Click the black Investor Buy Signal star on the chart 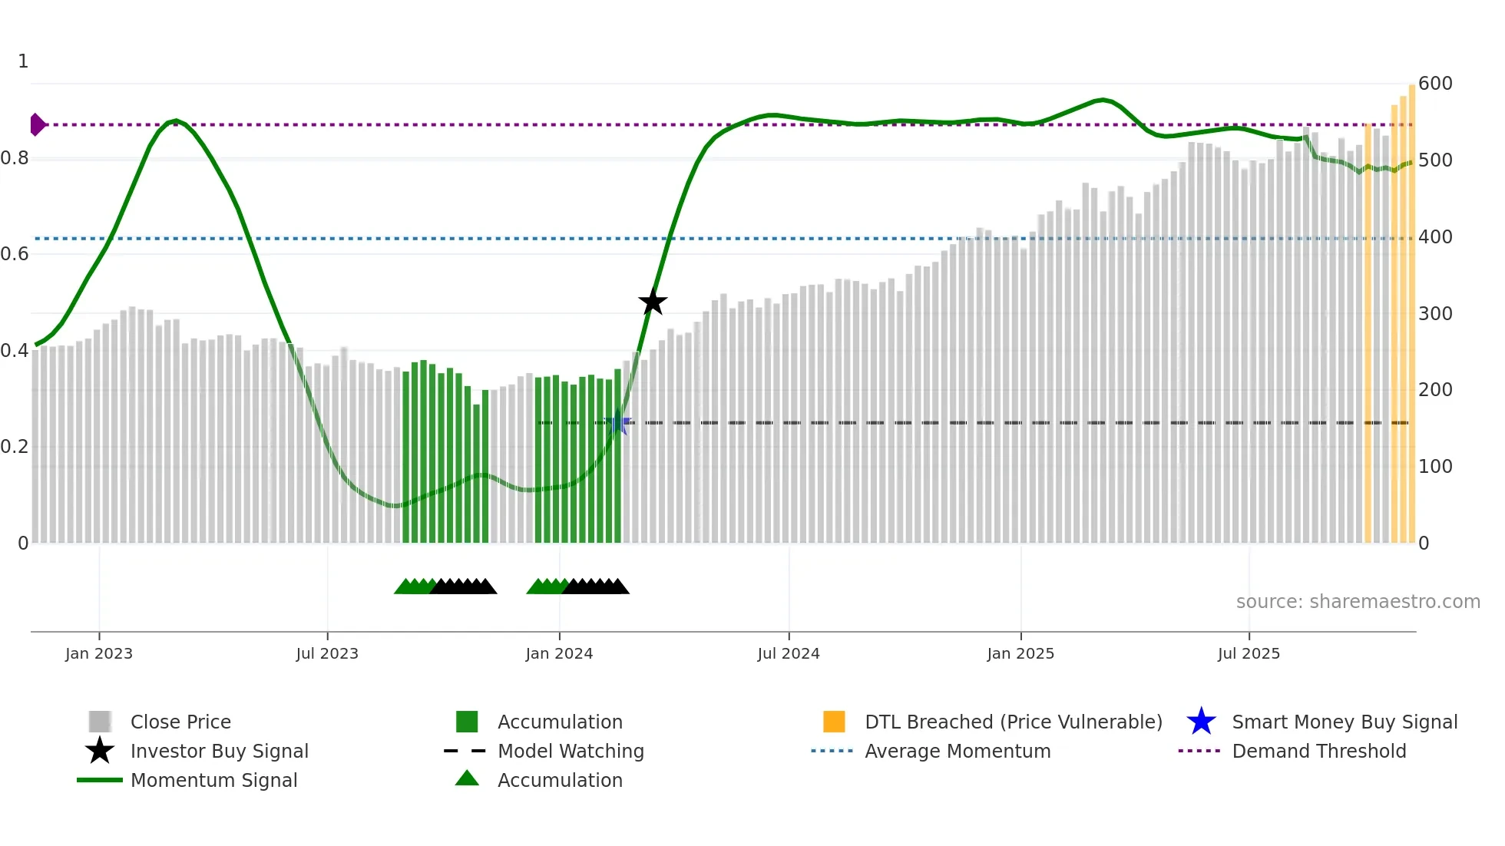point(653,302)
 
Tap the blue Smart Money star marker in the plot point(617,423)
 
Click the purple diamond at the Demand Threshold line point(37,124)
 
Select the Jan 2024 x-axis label point(559,653)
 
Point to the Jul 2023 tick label point(327,653)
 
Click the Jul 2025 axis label point(1249,653)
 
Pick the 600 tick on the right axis point(1435,84)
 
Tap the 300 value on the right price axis point(1435,314)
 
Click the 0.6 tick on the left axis point(15,254)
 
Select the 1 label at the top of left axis point(23,61)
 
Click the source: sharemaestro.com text point(1358,602)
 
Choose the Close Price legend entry point(180,722)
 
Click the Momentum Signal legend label point(213,781)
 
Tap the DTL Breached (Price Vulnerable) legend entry point(1013,722)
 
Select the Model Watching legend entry point(571,752)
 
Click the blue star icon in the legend point(1201,722)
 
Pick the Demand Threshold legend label point(1318,752)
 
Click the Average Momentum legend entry point(958,752)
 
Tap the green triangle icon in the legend point(467,779)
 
